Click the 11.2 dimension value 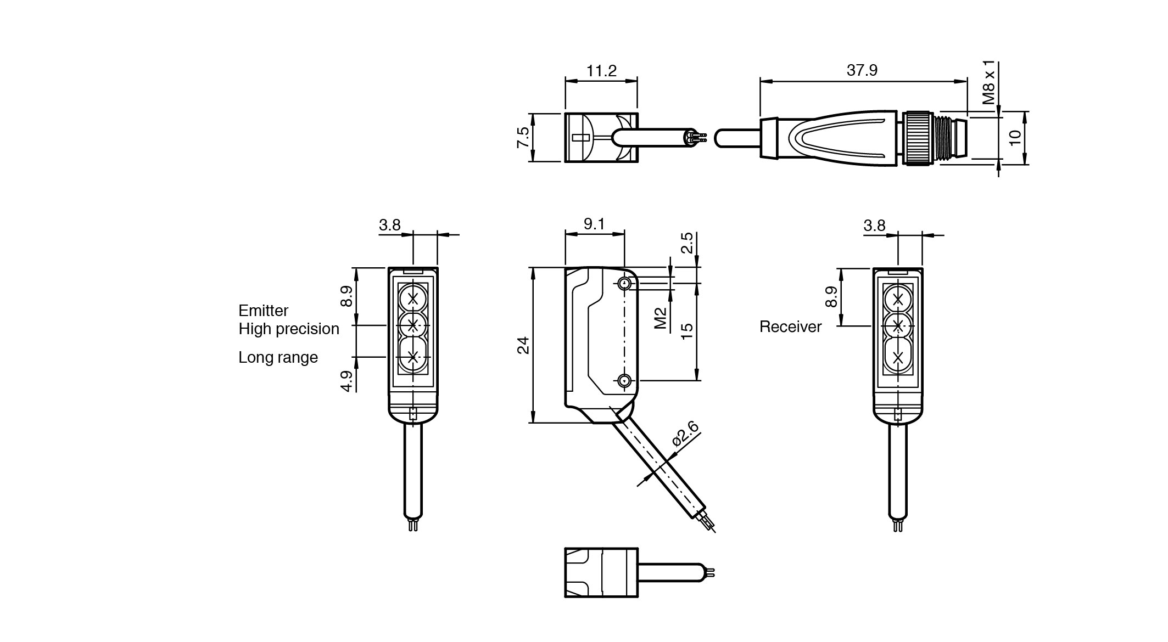pos(601,71)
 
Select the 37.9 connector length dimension pos(862,70)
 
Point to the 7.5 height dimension pos(523,137)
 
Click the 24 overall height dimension pos(523,345)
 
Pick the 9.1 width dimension pos(594,224)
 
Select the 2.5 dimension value pos(687,243)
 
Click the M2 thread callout pos(661,318)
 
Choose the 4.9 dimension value pos(346,381)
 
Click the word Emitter pos(263,311)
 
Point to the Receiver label pos(790,327)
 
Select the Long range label pos(278,357)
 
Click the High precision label pos(289,329)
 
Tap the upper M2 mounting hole pos(624,283)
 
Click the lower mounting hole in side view pos(624,380)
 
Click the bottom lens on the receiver pos(898,358)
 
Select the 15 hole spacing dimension pos(687,330)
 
